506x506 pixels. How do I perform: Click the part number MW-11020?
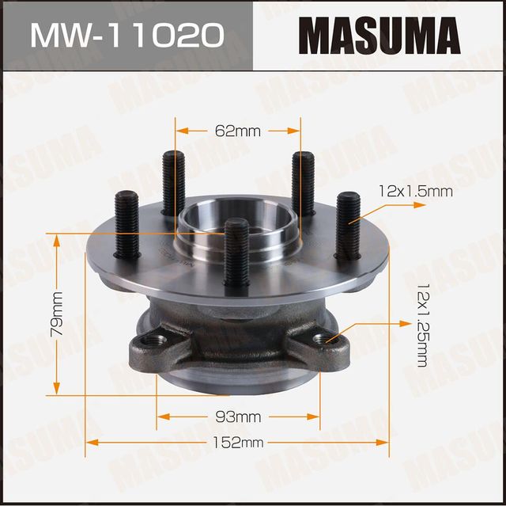tap(126, 35)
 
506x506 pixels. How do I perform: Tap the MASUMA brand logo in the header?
tap(379, 36)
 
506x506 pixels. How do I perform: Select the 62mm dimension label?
tap(238, 131)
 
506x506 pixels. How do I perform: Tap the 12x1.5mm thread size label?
tap(415, 191)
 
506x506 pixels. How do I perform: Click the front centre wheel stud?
tap(236, 252)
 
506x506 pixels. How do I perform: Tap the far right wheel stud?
tap(348, 224)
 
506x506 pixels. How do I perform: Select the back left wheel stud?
tap(173, 182)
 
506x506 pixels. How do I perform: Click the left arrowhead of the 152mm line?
tap(89, 443)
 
